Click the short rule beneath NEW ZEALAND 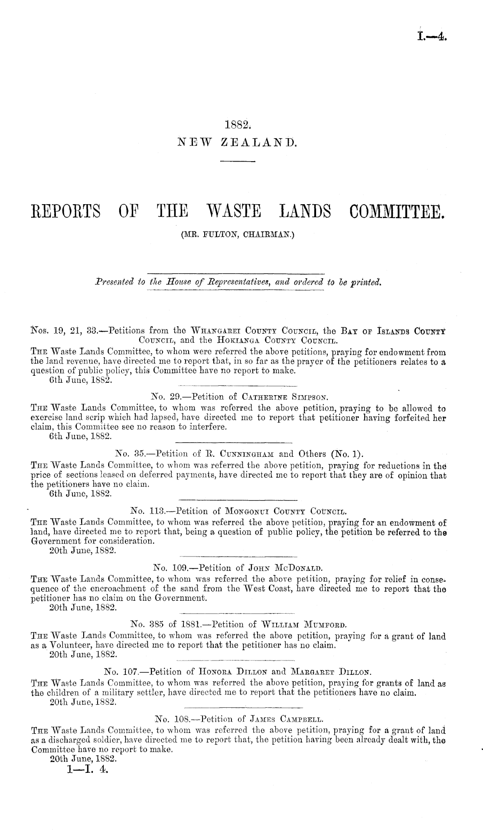click(x=238, y=162)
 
